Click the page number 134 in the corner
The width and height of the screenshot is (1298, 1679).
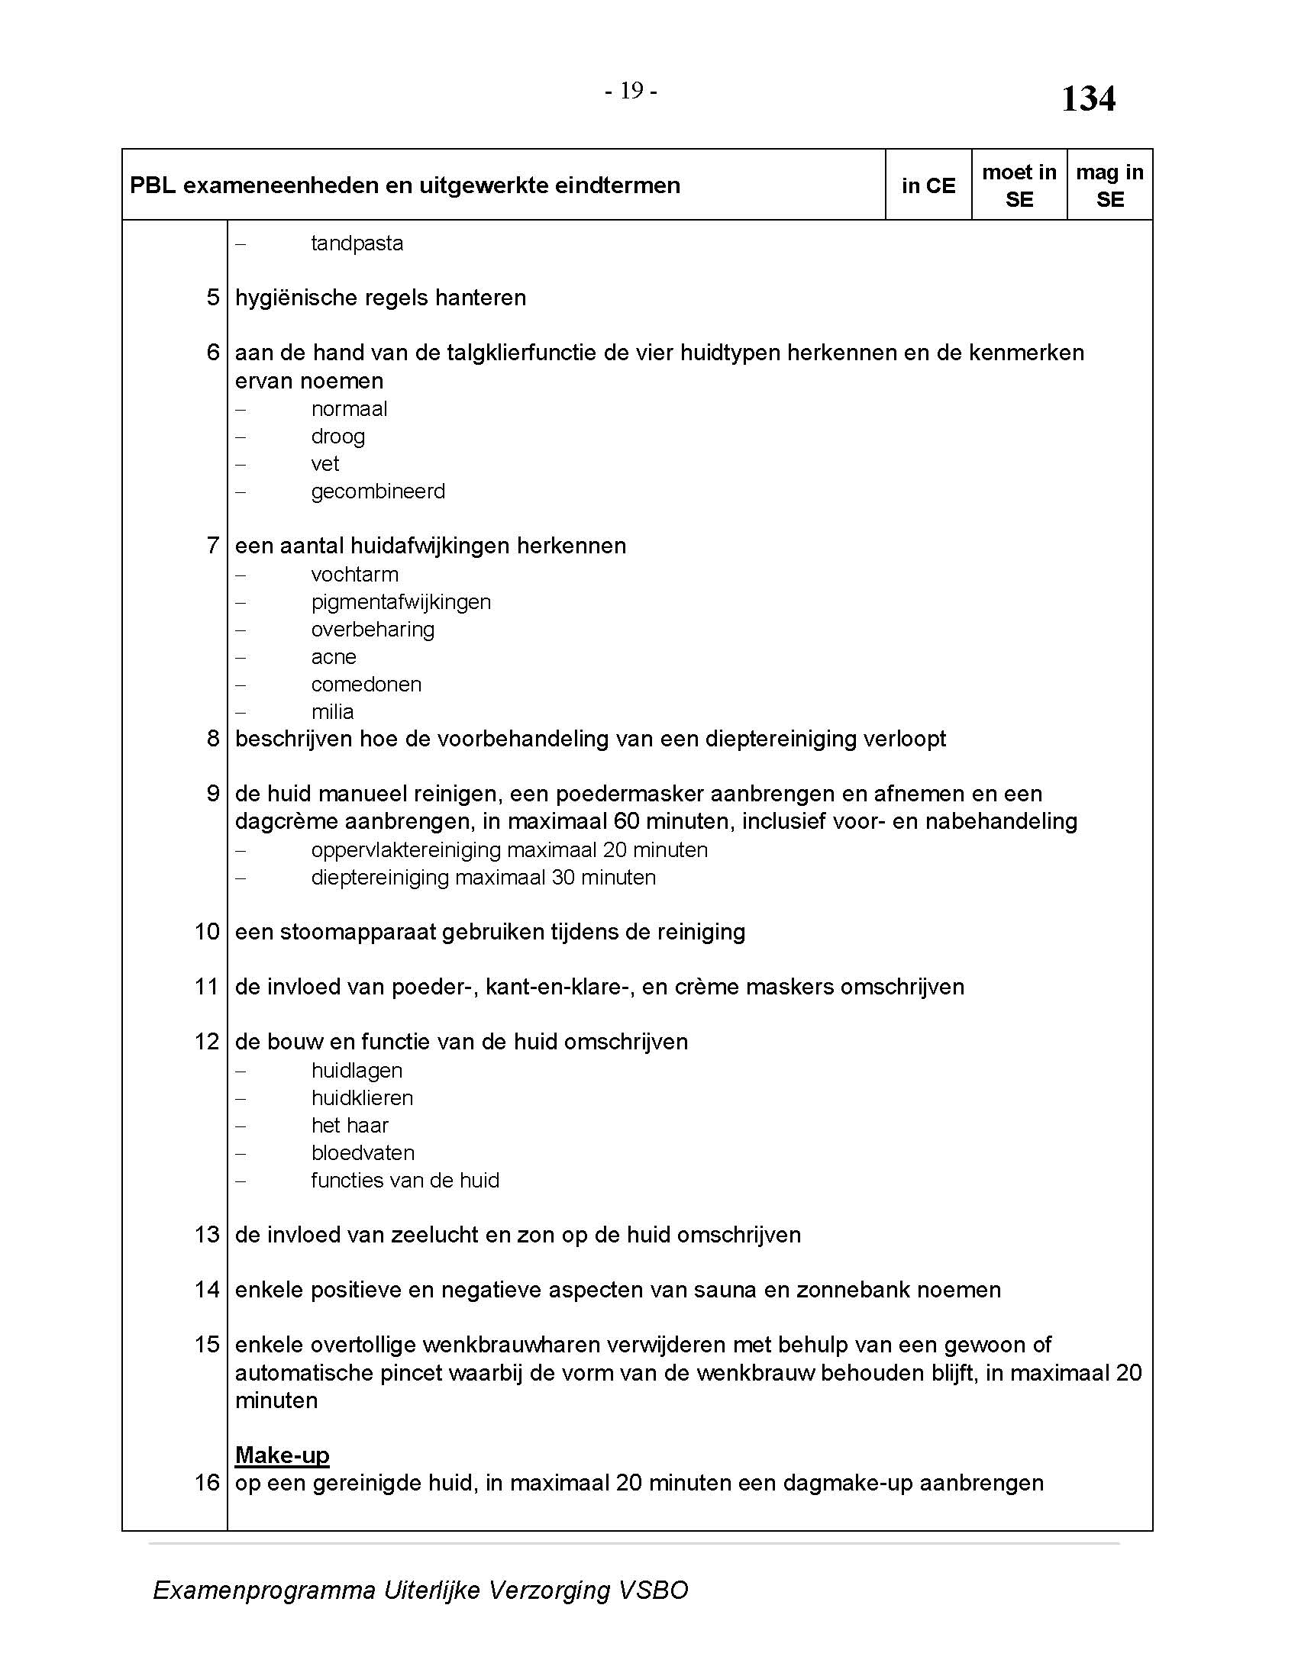coord(1087,99)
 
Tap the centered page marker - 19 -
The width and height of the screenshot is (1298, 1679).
coord(631,92)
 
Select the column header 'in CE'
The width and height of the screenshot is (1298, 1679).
coord(928,186)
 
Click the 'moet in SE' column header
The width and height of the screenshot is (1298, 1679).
coord(1019,186)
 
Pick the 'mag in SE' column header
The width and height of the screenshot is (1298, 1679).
coord(1109,186)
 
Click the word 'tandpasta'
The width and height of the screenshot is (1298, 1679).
coord(357,243)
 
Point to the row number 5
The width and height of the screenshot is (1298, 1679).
coord(213,298)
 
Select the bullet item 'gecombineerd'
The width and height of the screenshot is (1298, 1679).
coord(377,491)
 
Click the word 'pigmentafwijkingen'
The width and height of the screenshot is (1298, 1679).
coord(401,602)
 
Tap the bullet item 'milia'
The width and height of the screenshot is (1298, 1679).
coord(332,712)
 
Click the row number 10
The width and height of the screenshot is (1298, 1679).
coord(207,932)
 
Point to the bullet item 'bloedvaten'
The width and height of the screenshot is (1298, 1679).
coord(362,1153)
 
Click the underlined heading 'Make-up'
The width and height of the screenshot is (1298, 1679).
coord(283,1455)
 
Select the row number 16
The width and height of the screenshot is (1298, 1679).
coord(207,1483)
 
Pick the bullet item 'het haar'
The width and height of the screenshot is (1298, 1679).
coord(349,1126)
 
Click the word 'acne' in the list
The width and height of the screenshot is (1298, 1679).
coord(334,657)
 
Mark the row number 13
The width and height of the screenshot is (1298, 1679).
coord(207,1235)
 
